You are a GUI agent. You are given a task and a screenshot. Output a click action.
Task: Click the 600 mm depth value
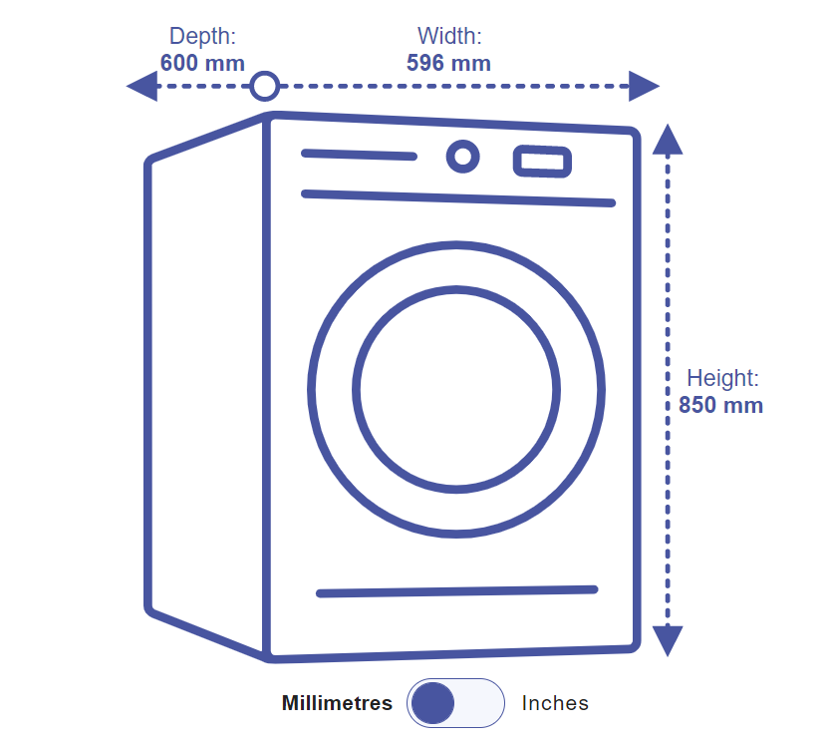tap(202, 62)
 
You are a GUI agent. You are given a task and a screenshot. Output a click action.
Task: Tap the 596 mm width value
tap(448, 63)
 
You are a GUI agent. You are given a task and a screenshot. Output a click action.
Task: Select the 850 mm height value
tap(720, 406)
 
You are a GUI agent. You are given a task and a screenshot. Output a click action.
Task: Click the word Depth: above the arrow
tap(202, 37)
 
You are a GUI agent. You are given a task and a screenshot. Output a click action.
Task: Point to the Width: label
tap(449, 37)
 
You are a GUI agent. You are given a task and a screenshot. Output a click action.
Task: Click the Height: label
tap(722, 379)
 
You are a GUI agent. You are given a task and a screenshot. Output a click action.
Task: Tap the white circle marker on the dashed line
tap(264, 87)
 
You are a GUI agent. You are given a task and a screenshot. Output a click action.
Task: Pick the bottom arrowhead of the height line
tap(668, 639)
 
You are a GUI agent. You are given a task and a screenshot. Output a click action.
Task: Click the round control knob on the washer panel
tap(461, 157)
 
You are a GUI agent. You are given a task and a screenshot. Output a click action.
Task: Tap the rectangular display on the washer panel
tap(542, 162)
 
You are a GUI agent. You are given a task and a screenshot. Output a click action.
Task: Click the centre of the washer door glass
tap(456, 389)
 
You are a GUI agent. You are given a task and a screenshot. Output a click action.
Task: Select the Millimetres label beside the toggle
tap(337, 703)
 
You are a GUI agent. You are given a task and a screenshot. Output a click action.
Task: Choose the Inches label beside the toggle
tap(555, 703)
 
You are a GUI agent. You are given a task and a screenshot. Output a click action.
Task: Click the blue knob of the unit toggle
tap(432, 704)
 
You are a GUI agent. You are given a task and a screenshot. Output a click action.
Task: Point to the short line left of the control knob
tap(359, 155)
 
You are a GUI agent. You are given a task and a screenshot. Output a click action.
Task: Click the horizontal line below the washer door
tap(456, 591)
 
